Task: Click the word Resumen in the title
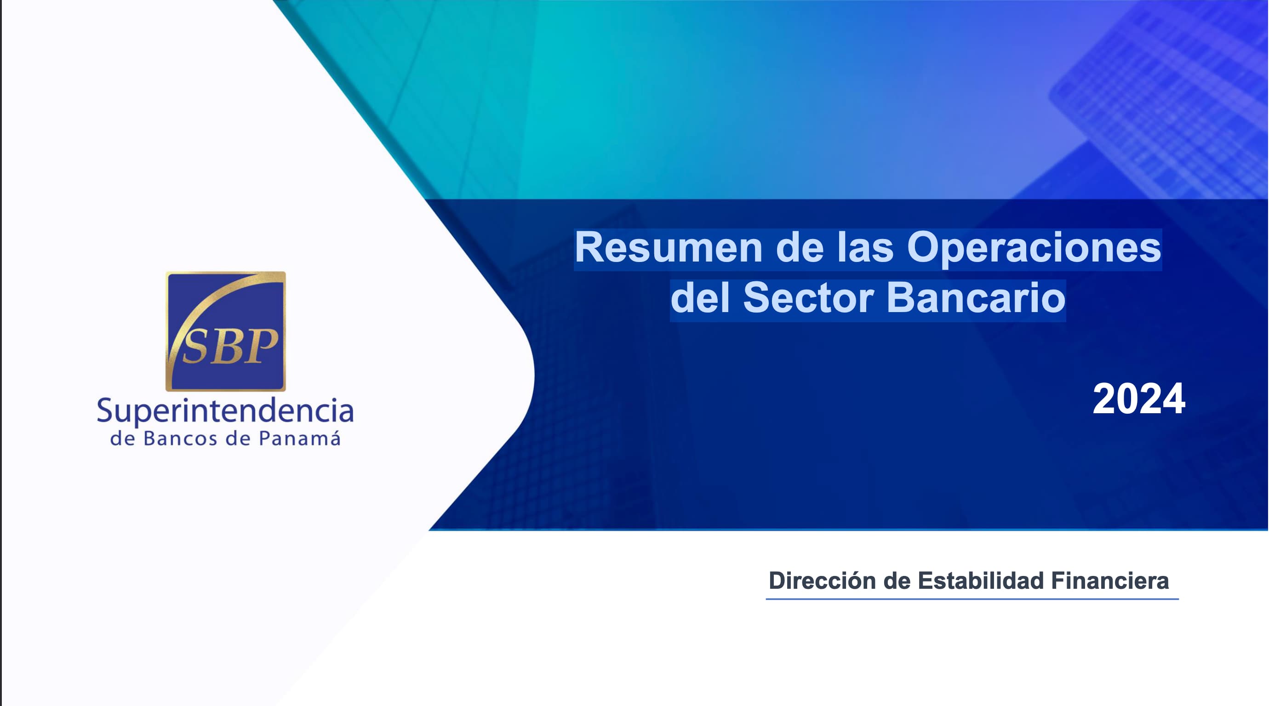click(669, 248)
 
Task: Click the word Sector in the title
click(808, 298)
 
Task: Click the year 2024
click(1138, 399)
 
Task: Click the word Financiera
click(1110, 581)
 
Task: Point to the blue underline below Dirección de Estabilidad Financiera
click(972, 598)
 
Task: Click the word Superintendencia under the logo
click(225, 411)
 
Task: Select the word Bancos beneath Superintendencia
click(180, 438)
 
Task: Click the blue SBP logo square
click(226, 331)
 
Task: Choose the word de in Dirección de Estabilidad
click(897, 581)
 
